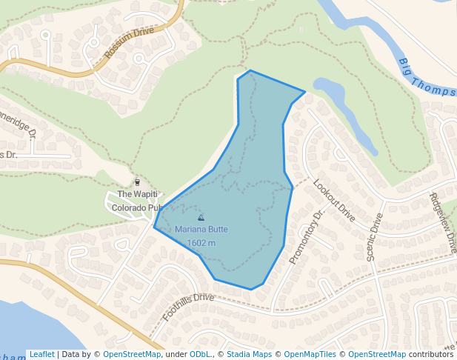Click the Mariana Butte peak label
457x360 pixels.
(201, 230)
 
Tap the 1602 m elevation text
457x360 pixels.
(201, 242)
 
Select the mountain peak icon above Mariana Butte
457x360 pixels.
(201, 218)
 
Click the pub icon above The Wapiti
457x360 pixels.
(137, 182)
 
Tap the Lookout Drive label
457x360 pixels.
(334, 200)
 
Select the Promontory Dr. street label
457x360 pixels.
(307, 236)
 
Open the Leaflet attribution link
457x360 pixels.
(41, 354)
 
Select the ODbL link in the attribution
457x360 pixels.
(201, 354)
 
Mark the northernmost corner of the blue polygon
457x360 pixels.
(250, 70)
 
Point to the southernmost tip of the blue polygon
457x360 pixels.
(251, 289)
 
